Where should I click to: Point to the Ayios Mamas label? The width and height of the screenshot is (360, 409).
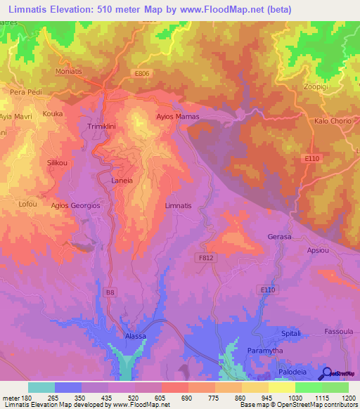tap(177, 117)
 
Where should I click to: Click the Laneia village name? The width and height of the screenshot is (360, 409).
tap(122, 181)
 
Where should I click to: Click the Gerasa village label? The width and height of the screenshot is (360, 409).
tap(279, 237)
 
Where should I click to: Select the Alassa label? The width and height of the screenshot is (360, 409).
tap(135, 337)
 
